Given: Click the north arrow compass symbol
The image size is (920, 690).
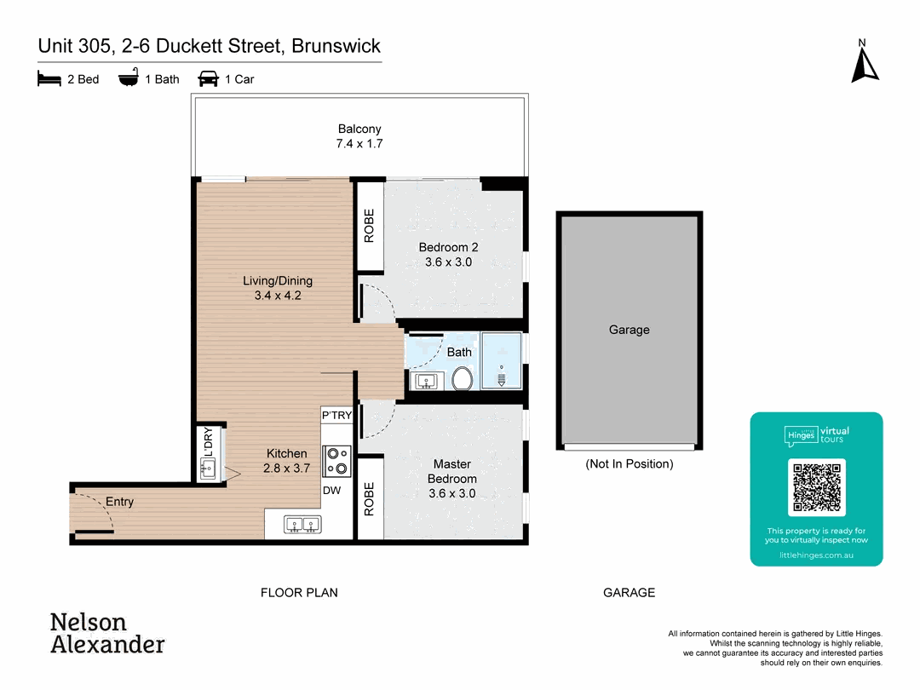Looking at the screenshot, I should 865,63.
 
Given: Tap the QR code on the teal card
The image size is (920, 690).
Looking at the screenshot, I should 817,487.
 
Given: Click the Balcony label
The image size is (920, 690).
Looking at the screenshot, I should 359,129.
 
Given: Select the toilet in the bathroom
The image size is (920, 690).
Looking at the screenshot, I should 462,378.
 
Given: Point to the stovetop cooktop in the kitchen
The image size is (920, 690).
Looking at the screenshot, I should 337,461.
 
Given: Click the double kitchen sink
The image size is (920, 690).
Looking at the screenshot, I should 302,525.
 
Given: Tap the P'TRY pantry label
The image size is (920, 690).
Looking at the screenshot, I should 336,416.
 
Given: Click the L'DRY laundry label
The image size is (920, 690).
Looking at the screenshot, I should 206,441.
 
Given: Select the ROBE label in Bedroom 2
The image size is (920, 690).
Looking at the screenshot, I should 369,227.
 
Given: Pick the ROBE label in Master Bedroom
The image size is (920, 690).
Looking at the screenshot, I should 369,500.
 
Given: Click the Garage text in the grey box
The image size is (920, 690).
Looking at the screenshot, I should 629,330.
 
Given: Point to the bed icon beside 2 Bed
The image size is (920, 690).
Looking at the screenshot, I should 49,79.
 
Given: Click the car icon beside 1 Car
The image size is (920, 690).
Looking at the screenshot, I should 208,79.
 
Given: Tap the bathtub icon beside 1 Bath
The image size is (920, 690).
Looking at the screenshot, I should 129,79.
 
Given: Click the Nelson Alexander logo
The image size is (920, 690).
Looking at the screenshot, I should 107,633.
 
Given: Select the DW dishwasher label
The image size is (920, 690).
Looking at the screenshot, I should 331,491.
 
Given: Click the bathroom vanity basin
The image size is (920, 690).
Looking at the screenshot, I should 424,380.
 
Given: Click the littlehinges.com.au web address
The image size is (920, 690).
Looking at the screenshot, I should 816,555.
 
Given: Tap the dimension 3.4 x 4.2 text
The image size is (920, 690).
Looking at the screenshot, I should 278,296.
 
